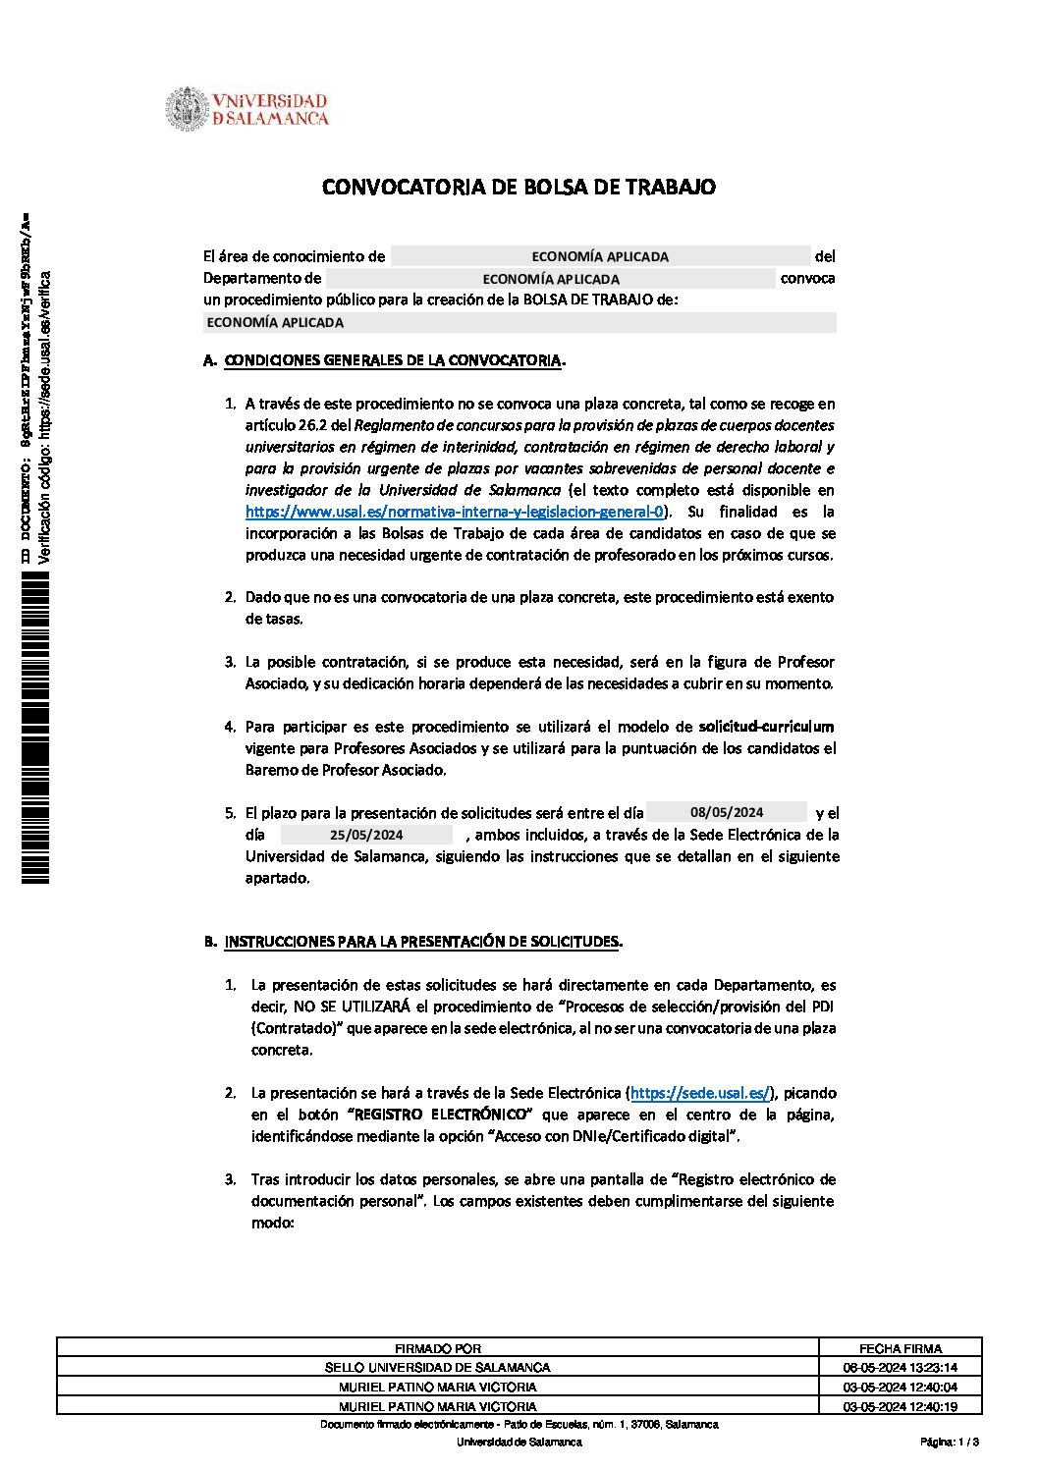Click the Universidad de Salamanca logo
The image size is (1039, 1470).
click(x=246, y=110)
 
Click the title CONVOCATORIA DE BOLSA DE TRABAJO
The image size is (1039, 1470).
click(x=519, y=187)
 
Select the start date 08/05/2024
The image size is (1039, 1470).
click(x=727, y=812)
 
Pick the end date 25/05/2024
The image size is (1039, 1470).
click(x=366, y=835)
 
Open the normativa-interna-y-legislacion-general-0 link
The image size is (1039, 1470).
click(x=455, y=512)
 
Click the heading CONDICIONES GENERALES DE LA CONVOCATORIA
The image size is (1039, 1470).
click(x=393, y=360)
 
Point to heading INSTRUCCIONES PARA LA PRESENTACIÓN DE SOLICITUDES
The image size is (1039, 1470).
click(x=422, y=942)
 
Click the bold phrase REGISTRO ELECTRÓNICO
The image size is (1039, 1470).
click(x=441, y=1115)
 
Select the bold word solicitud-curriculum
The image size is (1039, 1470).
click(x=766, y=727)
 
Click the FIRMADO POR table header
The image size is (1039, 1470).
click(x=438, y=1348)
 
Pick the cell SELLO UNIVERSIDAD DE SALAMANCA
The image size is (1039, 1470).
click(x=438, y=1367)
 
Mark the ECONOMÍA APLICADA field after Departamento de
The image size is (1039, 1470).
click(x=551, y=279)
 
